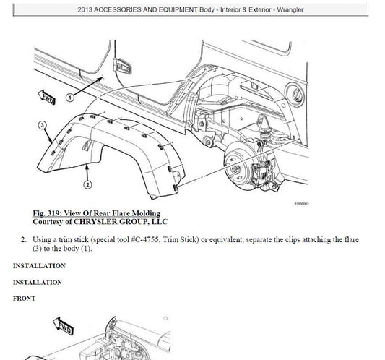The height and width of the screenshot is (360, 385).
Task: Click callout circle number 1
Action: point(70,98)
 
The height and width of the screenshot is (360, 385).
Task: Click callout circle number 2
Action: point(87,184)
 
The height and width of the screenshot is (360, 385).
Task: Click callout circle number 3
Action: point(42,125)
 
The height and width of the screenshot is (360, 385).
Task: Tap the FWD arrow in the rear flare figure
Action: point(46,97)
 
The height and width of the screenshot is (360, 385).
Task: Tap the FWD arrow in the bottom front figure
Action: point(63,326)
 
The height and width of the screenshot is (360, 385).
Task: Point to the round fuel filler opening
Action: point(295,95)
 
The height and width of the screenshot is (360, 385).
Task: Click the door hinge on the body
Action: point(122,67)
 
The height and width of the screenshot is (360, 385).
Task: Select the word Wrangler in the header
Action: point(290,10)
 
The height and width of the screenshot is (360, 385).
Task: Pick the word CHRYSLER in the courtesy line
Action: point(95,222)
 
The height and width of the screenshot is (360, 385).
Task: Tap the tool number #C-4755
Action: point(145,239)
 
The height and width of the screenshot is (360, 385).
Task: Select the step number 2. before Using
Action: point(24,239)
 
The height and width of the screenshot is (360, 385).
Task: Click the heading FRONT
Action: point(24,299)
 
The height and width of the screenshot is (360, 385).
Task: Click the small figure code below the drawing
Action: point(301,204)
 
